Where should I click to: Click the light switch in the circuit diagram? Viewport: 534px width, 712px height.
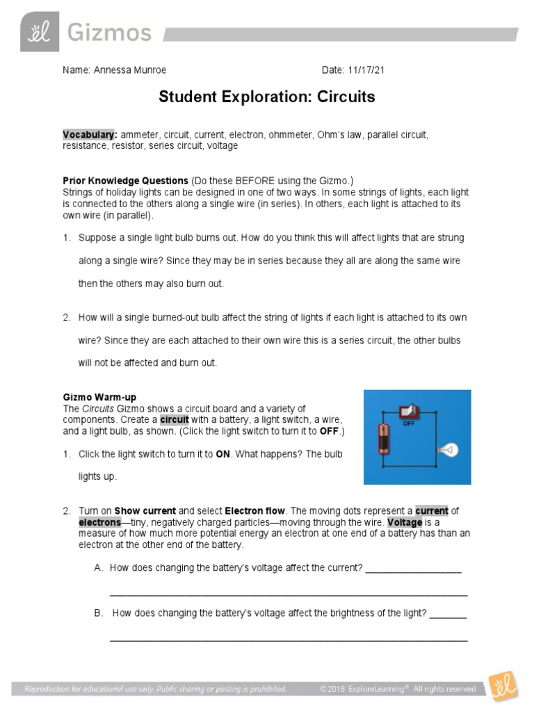tap(406, 412)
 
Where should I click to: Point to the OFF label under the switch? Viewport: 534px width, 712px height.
tap(409, 423)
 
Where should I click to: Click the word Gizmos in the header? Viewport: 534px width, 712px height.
tap(108, 32)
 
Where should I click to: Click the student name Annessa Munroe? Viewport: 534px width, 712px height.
tap(130, 70)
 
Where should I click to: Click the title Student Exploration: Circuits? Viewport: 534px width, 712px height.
tap(267, 97)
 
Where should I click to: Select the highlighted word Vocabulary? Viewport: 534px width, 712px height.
tap(90, 134)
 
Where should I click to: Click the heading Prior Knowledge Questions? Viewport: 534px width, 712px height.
tap(125, 180)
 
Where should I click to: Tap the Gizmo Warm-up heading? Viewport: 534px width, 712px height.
tap(99, 397)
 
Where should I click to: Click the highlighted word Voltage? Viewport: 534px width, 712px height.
tap(405, 522)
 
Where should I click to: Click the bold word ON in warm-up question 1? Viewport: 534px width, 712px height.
tap(222, 454)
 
